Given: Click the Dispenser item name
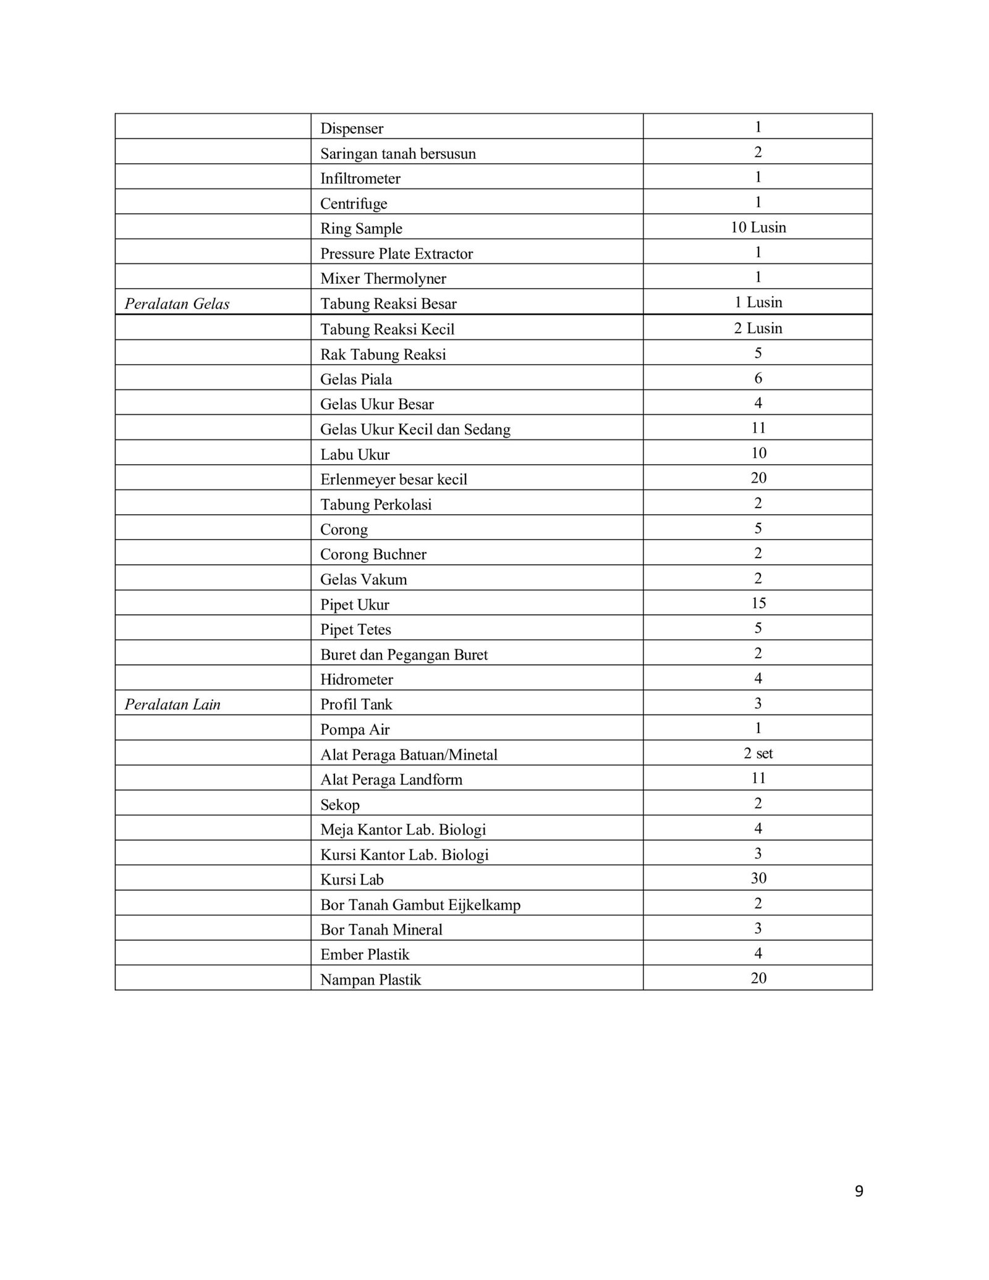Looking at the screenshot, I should [x=351, y=129].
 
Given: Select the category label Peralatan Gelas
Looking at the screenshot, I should [x=177, y=304].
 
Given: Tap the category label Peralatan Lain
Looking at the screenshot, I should [x=172, y=705].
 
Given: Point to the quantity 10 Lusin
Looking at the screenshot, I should [x=758, y=227].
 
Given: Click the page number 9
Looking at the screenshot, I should [x=859, y=1192].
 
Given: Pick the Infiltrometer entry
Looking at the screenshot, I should [x=360, y=179].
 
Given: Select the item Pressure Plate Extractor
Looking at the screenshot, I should [x=396, y=254].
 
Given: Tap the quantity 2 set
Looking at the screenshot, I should [x=758, y=753].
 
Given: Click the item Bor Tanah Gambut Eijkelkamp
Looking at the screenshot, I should [x=420, y=905].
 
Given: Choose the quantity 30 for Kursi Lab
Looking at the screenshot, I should [x=758, y=878].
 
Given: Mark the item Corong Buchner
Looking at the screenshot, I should [x=373, y=554].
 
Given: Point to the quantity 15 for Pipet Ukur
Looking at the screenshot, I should [x=758, y=603].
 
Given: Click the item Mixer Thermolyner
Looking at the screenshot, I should [x=383, y=279].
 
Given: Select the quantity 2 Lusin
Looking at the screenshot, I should [x=758, y=328].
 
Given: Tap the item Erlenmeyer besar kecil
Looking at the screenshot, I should [x=393, y=480].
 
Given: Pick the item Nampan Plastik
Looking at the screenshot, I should [x=370, y=980].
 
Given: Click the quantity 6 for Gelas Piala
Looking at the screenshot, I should [x=758, y=378].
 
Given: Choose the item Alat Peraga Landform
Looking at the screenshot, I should [x=391, y=779].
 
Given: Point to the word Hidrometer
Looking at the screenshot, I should [x=356, y=680].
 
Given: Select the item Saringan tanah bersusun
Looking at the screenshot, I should [x=397, y=154].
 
